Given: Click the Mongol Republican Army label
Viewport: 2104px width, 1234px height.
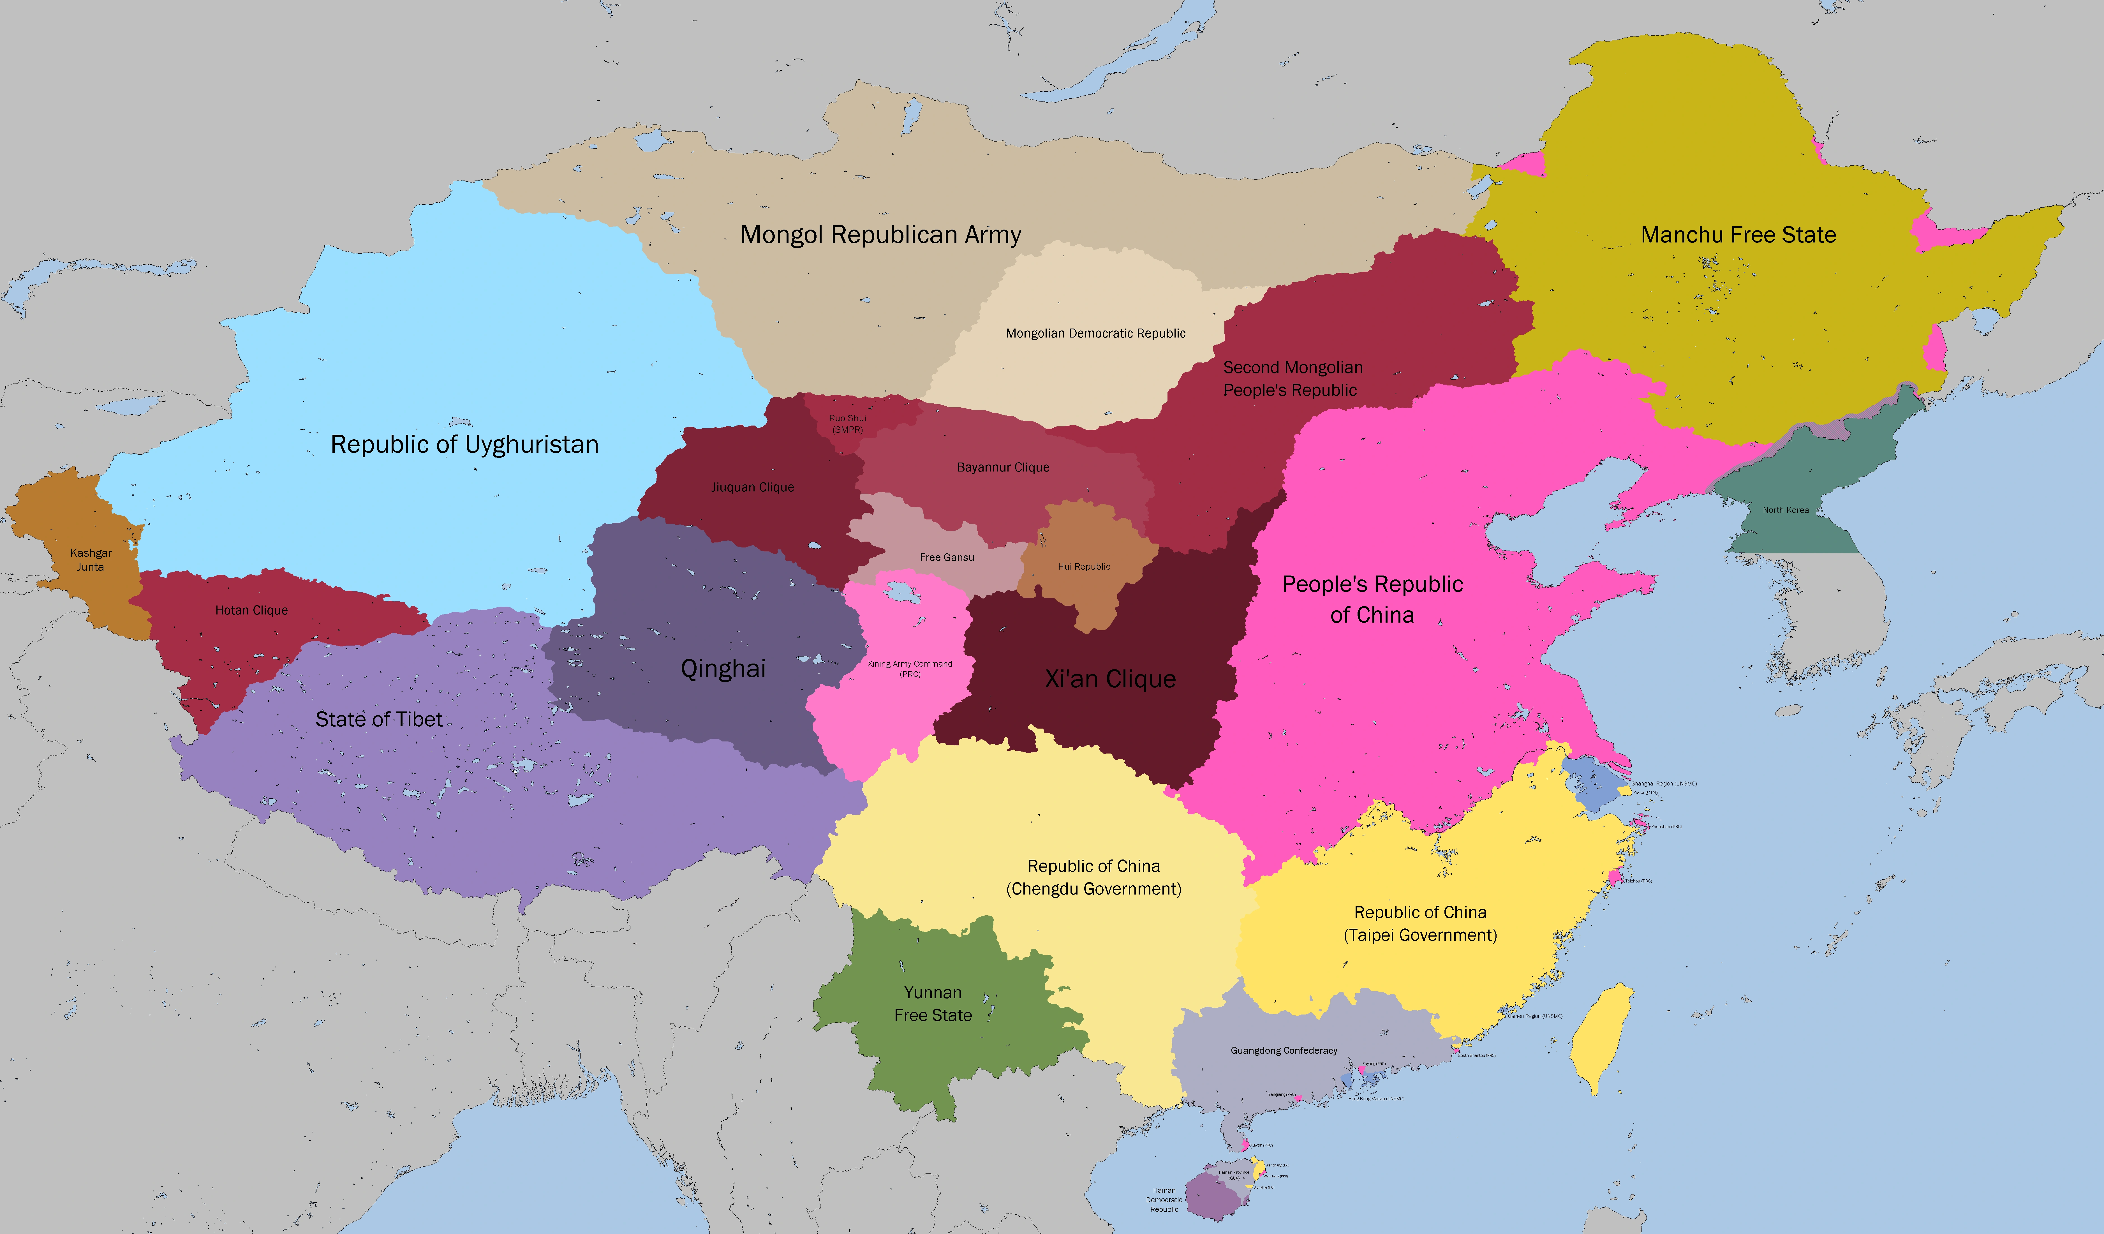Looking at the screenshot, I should pyautogui.click(x=881, y=235).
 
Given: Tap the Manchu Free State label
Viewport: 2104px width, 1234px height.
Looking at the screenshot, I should pyautogui.click(x=1738, y=235).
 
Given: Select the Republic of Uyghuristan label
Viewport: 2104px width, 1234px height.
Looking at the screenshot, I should pyautogui.click(x=464, y=444).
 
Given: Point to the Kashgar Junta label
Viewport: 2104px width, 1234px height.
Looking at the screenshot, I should pyautogui.click(x=90, y=559).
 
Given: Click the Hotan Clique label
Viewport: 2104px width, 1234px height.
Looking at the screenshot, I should pyautogui.click(x=251, y=610).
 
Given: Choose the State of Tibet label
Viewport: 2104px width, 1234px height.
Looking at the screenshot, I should pyautogui.click(x=378, y=719).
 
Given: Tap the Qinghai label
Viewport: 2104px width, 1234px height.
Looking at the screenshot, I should pyautogui.click(x=723, y=668).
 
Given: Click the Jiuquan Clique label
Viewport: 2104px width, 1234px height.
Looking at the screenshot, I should pyautogui.click(x=752, y=487).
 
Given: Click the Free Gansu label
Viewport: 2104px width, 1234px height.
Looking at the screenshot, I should pyautogui.click(x=947, y=557).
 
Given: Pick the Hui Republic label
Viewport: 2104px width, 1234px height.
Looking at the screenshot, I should pyautogui.click(x=1084, y=566).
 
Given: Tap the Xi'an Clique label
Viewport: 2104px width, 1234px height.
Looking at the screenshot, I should pyautogui.click(x=1111, y=679).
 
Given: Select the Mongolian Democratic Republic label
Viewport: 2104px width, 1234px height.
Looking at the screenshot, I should pyautogui.click(x=1095, y=333).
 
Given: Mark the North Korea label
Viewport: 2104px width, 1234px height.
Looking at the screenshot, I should pyautogui.click(x=1785, y=510).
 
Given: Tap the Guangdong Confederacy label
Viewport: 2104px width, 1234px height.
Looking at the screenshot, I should pyautogui.click(x=1283, y=1050).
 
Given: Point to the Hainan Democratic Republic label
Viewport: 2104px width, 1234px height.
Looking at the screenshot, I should pyautogui.click(x=1164, y=1200).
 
